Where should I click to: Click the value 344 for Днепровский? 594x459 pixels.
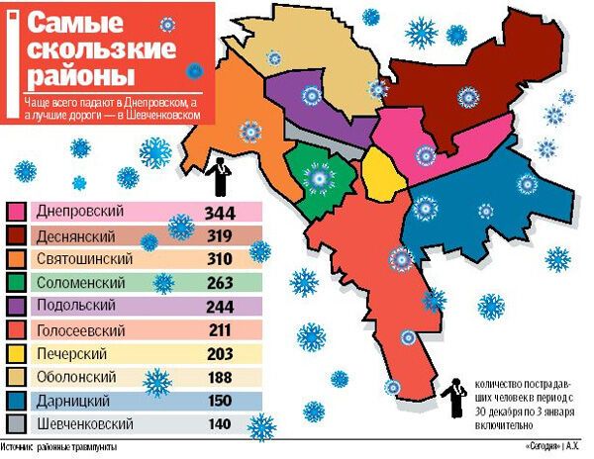220,213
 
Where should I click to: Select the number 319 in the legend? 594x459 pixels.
220,236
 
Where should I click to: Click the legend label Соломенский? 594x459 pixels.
77,284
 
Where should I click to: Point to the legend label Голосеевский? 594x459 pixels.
79,330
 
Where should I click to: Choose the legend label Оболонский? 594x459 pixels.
75,377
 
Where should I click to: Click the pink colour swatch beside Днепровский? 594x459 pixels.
17,213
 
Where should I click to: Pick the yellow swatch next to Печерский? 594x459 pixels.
17,354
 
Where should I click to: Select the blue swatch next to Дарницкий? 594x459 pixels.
17,401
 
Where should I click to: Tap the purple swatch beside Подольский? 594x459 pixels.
17,307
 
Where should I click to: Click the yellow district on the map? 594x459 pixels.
379,174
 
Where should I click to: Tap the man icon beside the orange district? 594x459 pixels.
224,176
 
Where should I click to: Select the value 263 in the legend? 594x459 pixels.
220,284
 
